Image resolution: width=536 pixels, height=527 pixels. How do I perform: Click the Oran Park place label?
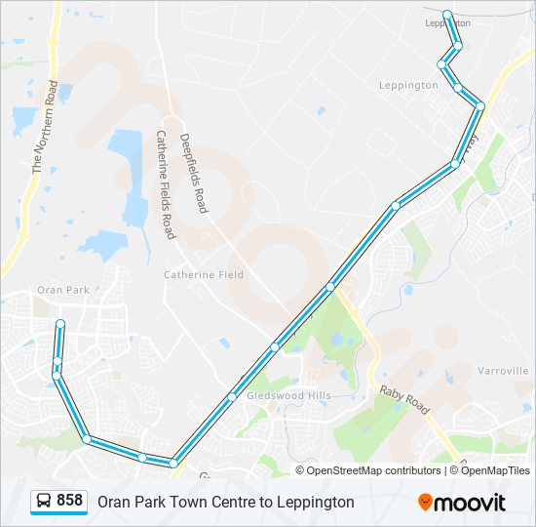coord(62,290)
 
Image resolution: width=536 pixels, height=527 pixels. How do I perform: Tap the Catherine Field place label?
coord(204,275)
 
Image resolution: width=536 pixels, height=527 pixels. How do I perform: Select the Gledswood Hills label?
coord(288,395)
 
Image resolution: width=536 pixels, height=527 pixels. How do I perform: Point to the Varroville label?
coord(503,371)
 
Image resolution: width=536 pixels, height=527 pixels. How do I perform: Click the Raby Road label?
coord(403,398)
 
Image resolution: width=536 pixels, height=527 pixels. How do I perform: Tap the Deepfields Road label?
coord(195,174)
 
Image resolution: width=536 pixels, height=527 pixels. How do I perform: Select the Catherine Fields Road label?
coord(164,185)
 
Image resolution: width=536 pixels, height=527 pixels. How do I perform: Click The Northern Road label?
coord(46,127)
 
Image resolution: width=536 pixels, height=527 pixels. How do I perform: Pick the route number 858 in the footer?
coord(69,501)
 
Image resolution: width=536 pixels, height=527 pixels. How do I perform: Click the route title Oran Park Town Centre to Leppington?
coord(225,503)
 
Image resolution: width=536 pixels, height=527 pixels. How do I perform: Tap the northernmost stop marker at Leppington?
coord(447,14)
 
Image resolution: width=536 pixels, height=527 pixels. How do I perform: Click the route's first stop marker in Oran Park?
coord(60,323)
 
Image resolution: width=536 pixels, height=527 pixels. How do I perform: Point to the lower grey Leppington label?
coord(408,86)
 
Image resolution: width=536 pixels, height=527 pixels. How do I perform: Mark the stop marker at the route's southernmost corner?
coord(173,463)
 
